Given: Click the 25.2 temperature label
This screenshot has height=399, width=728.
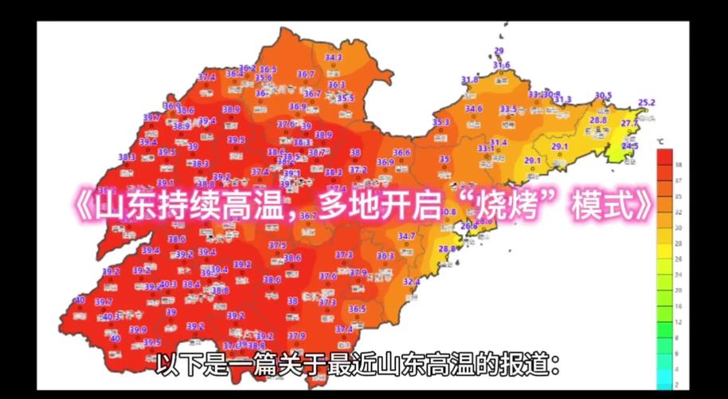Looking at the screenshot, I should pos(647,102).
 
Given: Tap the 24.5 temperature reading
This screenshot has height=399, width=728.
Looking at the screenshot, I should pos(630,146).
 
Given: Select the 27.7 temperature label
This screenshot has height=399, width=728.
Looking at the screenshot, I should pos(629,123).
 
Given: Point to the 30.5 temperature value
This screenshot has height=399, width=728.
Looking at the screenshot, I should pos(603,96).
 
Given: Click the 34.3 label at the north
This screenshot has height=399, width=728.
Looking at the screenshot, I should pos(333,57).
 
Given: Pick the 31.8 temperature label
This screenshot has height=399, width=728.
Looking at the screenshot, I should pos(470,80).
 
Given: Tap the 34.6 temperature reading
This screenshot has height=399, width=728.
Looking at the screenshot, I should pos(474,109).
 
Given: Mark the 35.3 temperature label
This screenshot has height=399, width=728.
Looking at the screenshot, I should pos(440,121).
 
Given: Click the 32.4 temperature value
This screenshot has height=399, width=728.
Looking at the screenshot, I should pos(411,282).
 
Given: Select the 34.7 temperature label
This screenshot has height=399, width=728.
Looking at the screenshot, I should pos(406,236).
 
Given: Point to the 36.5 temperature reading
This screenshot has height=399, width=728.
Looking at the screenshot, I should pos(357,309).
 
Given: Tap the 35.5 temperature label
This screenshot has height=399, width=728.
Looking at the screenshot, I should pos(345,98).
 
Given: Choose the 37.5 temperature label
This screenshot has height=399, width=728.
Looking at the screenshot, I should pos(277,245).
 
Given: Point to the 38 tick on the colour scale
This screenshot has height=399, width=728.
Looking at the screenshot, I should pos(678,164).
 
